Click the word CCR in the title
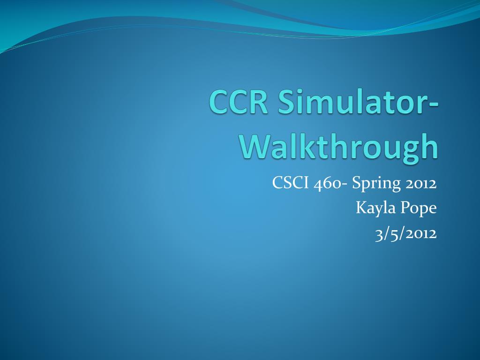[x=239, y=102]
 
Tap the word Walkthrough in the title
[x=339, y=147]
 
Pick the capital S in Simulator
[x=286, y=102]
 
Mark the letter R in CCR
[x=259, y=102]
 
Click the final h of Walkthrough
[x=429, y=146]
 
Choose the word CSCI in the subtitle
[x=290, y=183]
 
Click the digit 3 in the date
[x=379, y=234]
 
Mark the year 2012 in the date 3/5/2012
[x=421, y=233]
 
